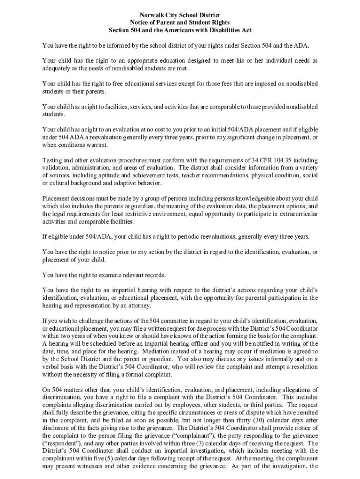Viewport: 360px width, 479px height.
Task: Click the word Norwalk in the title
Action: tap(143, 15)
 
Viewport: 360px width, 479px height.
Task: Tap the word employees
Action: tap(177, 405)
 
